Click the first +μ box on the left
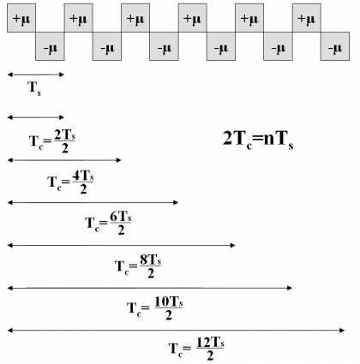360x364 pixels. tap(21, 18)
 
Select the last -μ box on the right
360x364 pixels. tap(335, 46)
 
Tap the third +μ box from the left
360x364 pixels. tap(135, 18)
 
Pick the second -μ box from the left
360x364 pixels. tap(107, 46)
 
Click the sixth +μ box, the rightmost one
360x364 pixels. tap(307, 18)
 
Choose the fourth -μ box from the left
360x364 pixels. tap(221, 46)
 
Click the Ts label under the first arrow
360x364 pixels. tap(34, 88)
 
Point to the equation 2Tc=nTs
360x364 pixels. tap(258, 140)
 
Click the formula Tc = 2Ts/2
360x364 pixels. tap(52, 141)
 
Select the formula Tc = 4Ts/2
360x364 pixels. tap(70, 182)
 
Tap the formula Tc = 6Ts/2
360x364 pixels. tap(108, 224)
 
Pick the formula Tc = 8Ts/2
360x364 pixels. tap(138, 266)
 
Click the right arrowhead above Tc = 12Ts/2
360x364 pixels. tap(342, 331)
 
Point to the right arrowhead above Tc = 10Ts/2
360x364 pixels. tap(289, 288)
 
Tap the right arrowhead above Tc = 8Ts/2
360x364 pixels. tap(232, 245)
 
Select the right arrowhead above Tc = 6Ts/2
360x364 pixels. tap(175, 203)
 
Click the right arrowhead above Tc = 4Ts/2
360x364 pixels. tap(118, 160)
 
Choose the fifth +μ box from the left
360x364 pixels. tap(249, 18)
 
